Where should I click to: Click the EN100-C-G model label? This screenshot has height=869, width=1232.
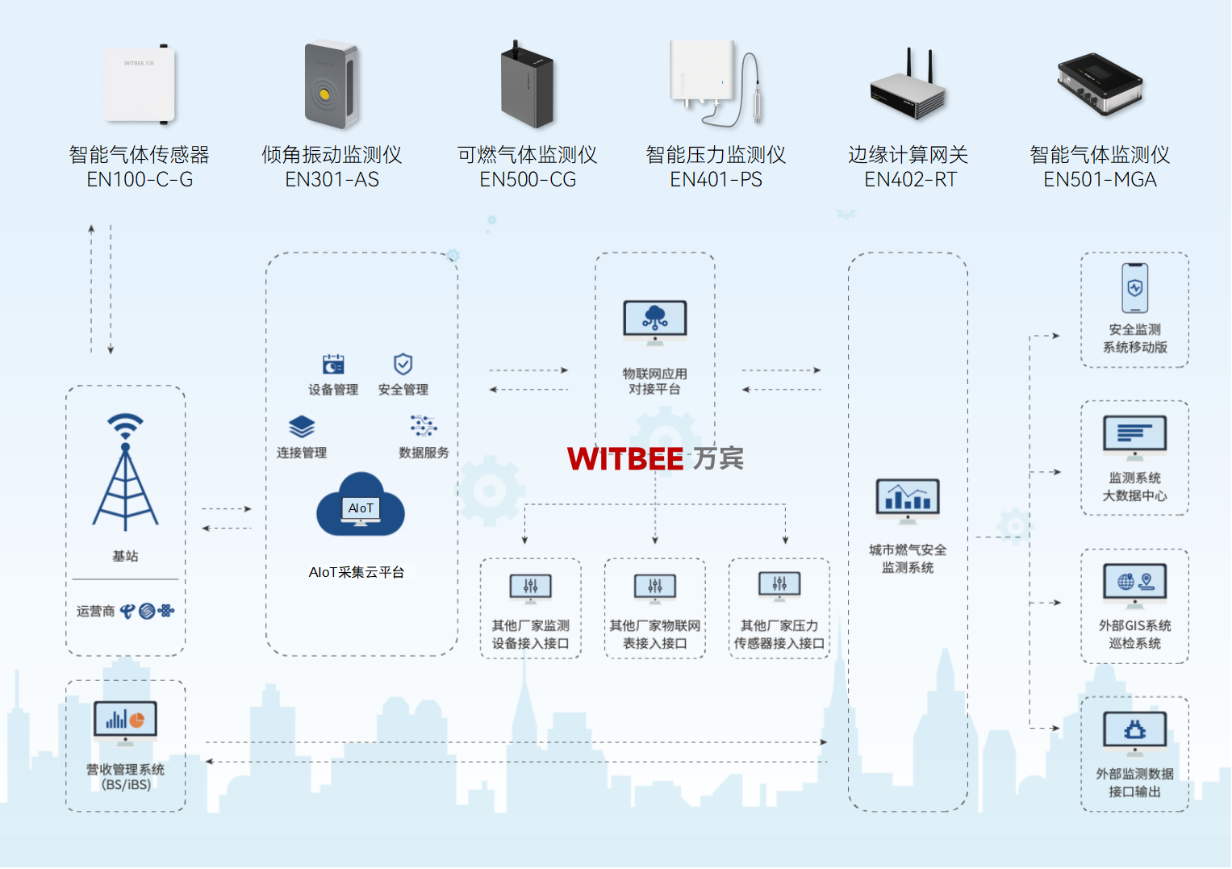coord(140,180)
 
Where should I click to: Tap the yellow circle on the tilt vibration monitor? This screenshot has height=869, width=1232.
coord(324,94)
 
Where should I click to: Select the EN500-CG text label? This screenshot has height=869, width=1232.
coord(528,180)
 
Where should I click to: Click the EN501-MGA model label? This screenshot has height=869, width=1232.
coord(1100,180)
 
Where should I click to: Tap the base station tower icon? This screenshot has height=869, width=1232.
coord(125,472)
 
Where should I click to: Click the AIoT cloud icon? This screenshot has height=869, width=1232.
coord(361,506)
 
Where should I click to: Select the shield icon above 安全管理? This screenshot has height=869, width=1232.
coord(403,364)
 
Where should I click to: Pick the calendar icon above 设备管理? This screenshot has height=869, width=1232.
coord(333,365)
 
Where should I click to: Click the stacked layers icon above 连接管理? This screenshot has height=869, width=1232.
coord(302,427)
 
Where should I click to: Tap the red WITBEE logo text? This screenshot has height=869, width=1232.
coord(625,459)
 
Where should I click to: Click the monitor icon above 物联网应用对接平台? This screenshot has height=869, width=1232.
coord(654,321)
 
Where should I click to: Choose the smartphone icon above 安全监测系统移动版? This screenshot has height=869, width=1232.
coord(1134,288)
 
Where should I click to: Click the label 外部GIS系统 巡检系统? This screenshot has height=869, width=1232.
coord(1134,634)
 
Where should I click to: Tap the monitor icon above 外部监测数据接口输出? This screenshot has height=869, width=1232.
coord(1134,731)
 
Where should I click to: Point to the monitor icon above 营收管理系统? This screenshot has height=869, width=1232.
coord(125,721)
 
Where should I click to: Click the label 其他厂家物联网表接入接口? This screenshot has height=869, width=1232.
coord(654,634)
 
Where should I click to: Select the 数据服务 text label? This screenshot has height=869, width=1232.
coord(424,453)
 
